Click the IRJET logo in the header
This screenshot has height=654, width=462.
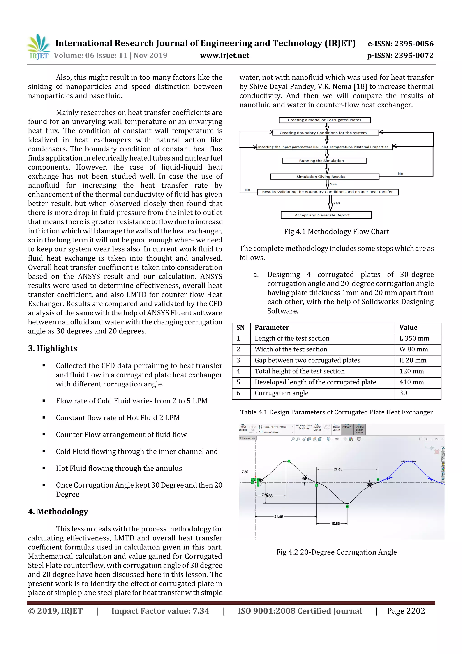(x=38, y=47)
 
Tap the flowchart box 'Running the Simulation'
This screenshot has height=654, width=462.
(x=324, y=161)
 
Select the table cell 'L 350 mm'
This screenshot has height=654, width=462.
(x=414, y=338)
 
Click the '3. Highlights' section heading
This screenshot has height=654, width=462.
(x=52, y=348)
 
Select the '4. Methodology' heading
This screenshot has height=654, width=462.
(x=58, y=512)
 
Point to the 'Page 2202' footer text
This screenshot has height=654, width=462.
(x=406, y=611)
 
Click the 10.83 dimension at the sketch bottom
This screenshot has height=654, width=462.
(x=335, y=524)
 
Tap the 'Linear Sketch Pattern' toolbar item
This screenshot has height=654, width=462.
(x=275, y=427)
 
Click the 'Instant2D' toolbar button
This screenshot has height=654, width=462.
(x=347, y=427)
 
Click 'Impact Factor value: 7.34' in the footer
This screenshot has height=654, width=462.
(x=160, y=611)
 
